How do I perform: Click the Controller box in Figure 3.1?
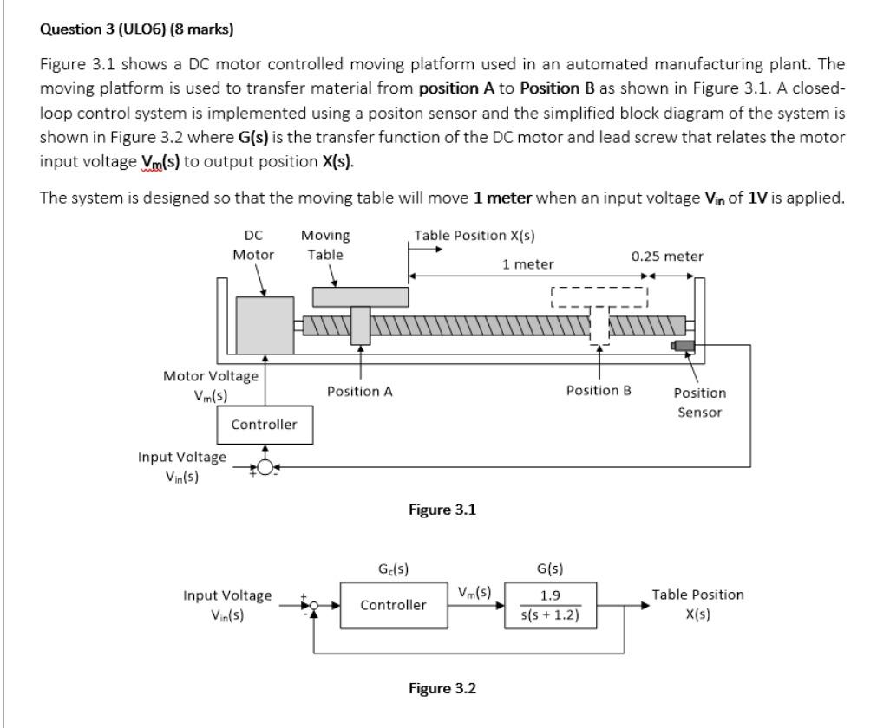click(264, 425)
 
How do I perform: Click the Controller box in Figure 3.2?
click(394, 604)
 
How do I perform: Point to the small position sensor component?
click(684, 346)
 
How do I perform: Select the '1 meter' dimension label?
click(528, 263)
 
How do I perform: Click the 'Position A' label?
click(359, 392)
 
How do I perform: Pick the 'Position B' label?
click(599, 391)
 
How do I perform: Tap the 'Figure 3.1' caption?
click(442, 510)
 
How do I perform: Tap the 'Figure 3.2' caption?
click(442, 688)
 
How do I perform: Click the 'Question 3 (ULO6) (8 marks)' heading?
click(137, 29)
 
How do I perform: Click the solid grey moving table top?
click(360, 296)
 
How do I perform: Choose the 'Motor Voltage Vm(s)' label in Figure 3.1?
click(211, 384)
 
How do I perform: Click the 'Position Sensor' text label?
click(699, 402)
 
